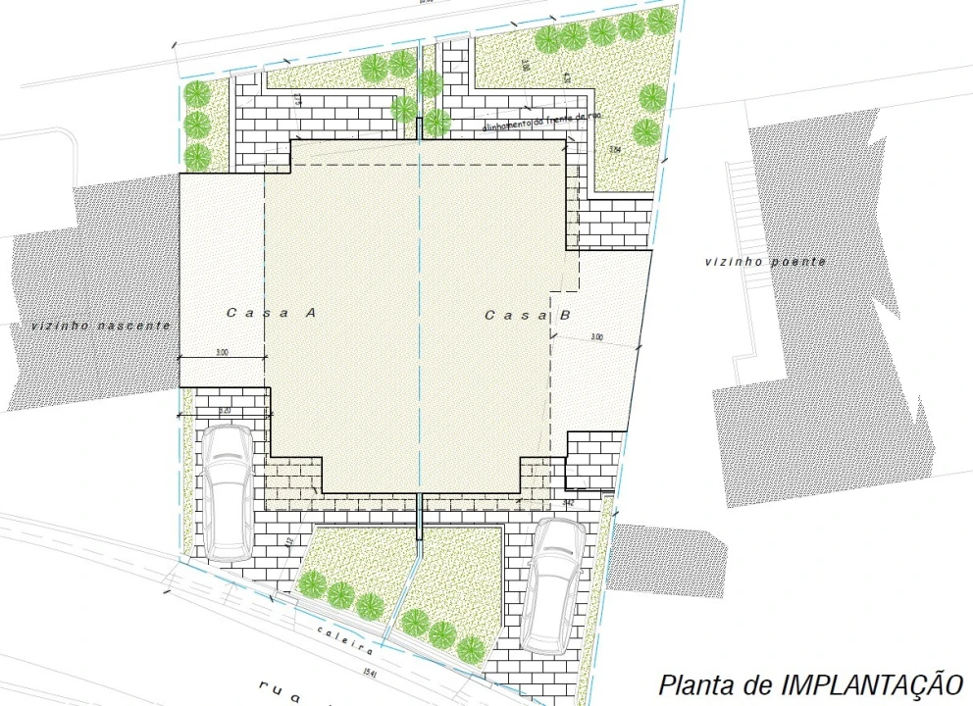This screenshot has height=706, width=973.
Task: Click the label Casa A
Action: [x=270, y=313]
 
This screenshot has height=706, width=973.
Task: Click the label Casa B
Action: [x=529, y=315]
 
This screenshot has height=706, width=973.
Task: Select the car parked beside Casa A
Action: [x=227, y=493]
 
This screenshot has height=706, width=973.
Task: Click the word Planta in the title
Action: [x=693, y=682]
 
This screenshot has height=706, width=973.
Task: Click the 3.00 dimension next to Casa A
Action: [x=221, y=352]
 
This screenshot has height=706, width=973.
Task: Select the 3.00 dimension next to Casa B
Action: [x=596, y=337]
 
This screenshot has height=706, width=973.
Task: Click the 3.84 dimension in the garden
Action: [x=615, y=149]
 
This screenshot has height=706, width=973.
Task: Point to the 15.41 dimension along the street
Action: [x=369, y=672]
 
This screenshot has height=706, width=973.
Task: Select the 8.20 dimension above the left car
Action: [x=224, y=411]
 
